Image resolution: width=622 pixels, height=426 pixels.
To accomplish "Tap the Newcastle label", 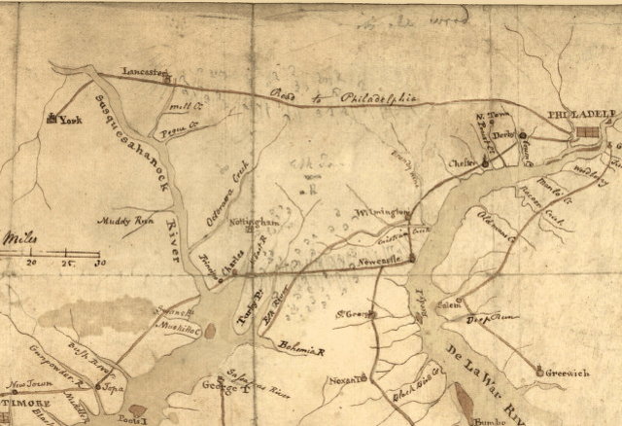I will pos(383,261).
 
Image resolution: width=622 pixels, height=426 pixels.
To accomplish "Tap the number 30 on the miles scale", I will pos(97,263).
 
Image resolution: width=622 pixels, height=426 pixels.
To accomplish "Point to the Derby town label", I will pos(501,135).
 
